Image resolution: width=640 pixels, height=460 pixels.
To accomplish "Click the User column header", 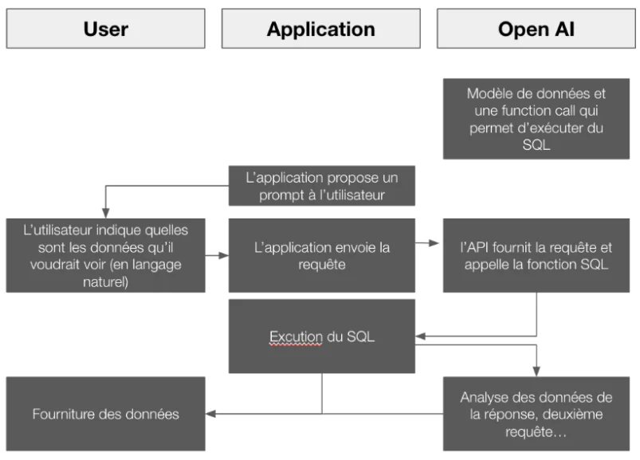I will point(105,29).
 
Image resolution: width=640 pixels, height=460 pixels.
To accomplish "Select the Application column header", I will point(320,29).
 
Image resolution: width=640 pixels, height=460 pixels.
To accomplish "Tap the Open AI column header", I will point(536,29).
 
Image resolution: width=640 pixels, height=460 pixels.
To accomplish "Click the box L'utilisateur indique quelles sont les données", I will point(105,255).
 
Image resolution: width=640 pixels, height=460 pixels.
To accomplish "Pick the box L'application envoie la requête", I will point(321,255).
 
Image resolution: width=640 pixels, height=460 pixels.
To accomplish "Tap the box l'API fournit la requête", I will point(536,255).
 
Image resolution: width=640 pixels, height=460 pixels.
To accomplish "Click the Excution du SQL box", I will point(321,336).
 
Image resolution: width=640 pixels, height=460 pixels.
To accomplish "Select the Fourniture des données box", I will point(105,414).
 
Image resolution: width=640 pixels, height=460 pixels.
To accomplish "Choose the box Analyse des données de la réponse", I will point(536,414).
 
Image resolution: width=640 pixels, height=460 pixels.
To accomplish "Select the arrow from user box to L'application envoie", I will point(216,256).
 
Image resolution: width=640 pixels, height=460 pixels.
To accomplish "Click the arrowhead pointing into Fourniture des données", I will point(210,414).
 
